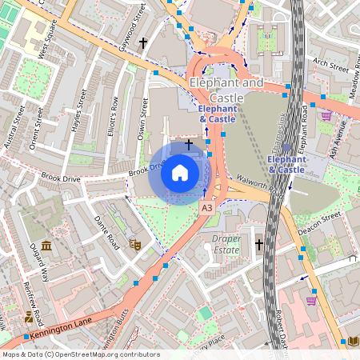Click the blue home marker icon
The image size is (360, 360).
[x=180, y=173]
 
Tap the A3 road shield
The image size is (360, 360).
[x=206, y=207]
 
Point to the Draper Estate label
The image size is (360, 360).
[x=226, y=244]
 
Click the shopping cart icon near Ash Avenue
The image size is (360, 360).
[x=326, y=116]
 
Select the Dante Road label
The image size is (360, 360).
[x=106, y=232]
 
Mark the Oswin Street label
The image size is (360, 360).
[x=145, y=117]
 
